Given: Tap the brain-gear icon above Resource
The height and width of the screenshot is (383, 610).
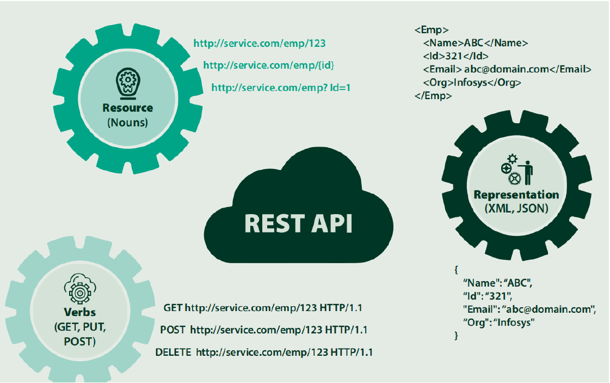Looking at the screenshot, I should pyautogui.click(x=128, y=82).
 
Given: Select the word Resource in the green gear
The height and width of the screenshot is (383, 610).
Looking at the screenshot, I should pyautogui.click(x=128, y=108).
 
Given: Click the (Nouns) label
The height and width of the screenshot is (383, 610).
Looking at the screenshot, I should pyautogui.click(x=128, y=123).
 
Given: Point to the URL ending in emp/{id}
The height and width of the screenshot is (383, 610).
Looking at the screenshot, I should pyautogui.click(x=269, y=65).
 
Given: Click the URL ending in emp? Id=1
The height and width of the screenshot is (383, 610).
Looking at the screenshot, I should pyautogui.click(x=281, y=87).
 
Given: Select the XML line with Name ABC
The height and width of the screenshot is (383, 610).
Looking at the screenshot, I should pyautogui.click(x=475, y=43).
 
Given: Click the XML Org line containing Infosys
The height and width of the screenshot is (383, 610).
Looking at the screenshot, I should pyautogui.click(x=472, y=83).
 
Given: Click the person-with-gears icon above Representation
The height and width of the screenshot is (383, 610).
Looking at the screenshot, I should pyautogui.click(x=516, y=169).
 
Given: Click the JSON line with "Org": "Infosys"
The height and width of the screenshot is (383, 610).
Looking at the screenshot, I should pyautogui.click(x=499, y=323).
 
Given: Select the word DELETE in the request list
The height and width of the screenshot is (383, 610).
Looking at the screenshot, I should pyautogui.click(x=173, y=352).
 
